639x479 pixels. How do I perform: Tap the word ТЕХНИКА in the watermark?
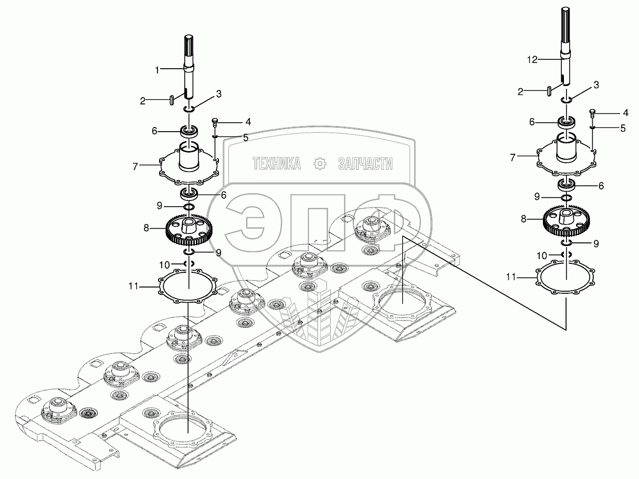(x=277, y=164)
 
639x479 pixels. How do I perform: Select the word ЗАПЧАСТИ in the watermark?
(x=365, y=164)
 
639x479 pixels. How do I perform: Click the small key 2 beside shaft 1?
(x=172, y=99)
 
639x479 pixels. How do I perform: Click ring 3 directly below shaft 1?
(x=189, y=109)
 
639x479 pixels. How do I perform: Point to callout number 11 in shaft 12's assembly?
(x=511, y=275)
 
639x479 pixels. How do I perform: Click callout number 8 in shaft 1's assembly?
(x=146, y=228)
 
